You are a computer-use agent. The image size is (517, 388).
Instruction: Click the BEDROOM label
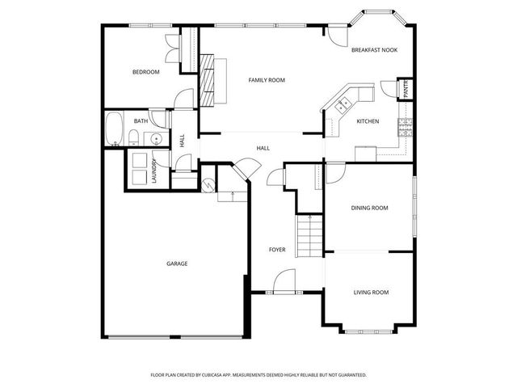(146, 72)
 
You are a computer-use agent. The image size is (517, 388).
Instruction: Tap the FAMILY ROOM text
(267, 80)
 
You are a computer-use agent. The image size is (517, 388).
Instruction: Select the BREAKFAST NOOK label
(374, 50)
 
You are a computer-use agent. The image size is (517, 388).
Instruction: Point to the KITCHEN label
(368, 121)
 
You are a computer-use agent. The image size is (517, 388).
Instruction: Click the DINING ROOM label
(369, 208)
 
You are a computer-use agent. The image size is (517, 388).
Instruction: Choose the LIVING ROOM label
(371, 292)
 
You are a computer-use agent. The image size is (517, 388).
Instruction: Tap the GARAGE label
(177, 264)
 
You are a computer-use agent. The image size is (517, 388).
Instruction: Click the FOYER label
(277, 250)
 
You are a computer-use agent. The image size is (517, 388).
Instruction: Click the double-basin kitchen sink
(343, 103)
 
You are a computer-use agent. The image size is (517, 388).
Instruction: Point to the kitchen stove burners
(405, 125)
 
